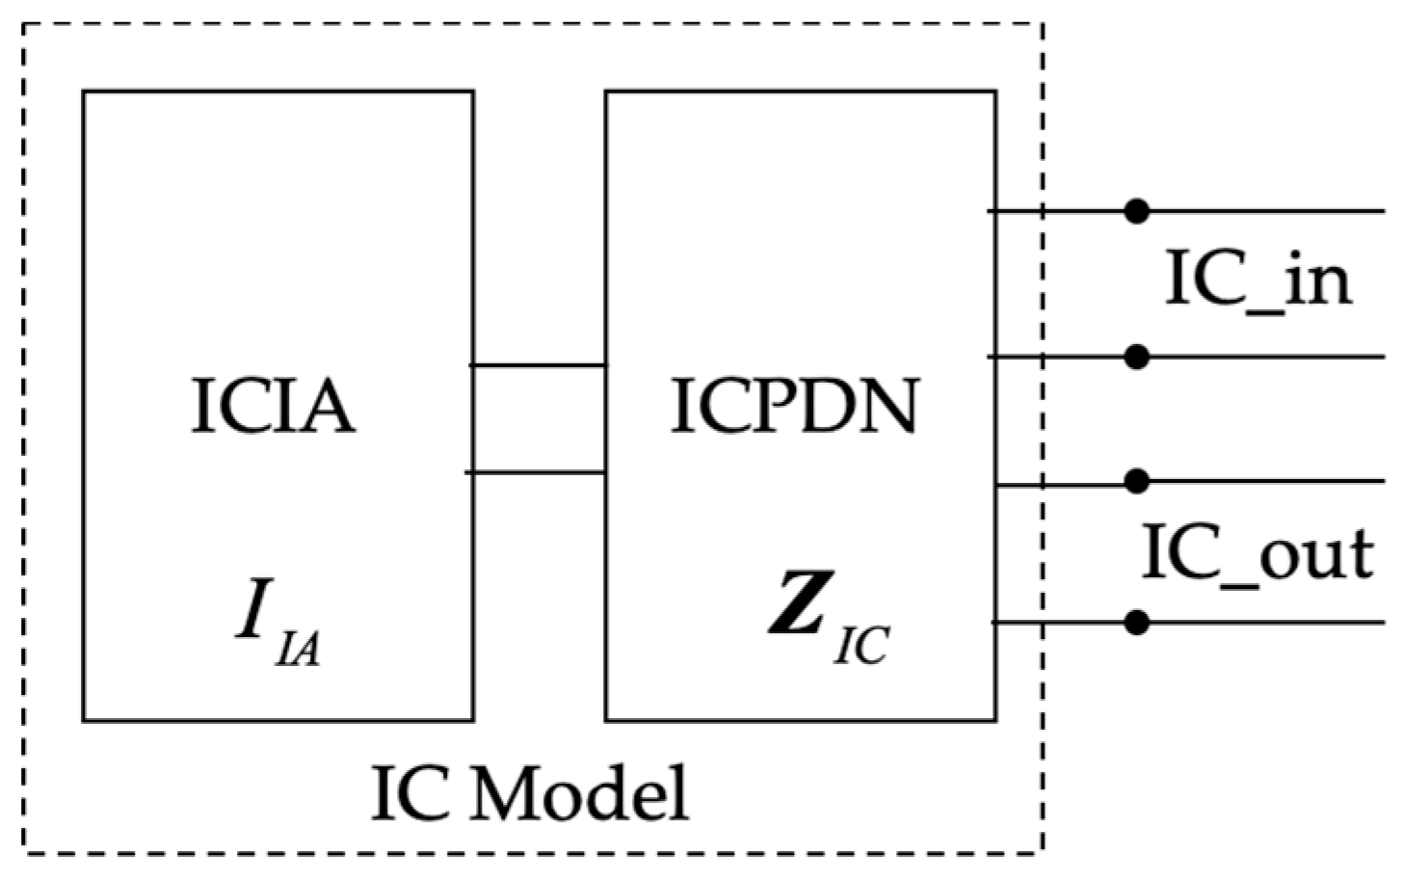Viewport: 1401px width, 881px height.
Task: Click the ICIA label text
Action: (x=273, y=406)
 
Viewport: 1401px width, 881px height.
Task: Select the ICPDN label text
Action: (x=794, y=406)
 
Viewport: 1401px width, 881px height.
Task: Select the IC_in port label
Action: (x=1258, y=280)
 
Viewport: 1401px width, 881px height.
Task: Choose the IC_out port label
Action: (x=1257, y=553)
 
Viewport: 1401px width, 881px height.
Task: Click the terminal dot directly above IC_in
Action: (x=1138, y=211)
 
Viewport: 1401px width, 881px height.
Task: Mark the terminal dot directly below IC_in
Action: (x=1138, y=358)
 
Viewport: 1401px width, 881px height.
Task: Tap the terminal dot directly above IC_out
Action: (x=1138, y=481)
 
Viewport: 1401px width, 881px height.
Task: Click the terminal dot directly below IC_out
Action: (x=1138, y=623)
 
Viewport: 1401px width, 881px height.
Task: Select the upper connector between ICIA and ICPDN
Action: (x=539, y=365)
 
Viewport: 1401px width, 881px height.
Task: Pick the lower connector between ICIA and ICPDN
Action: (x=537, y=472)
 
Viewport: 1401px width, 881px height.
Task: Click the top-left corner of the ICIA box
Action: (x=84, y=92)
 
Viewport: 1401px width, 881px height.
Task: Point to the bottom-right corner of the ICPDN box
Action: (x=995, y=720)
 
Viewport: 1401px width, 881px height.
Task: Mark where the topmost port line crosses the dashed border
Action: (x=1043, y=211)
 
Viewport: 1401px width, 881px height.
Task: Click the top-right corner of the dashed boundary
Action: (x=1043, y=24)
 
